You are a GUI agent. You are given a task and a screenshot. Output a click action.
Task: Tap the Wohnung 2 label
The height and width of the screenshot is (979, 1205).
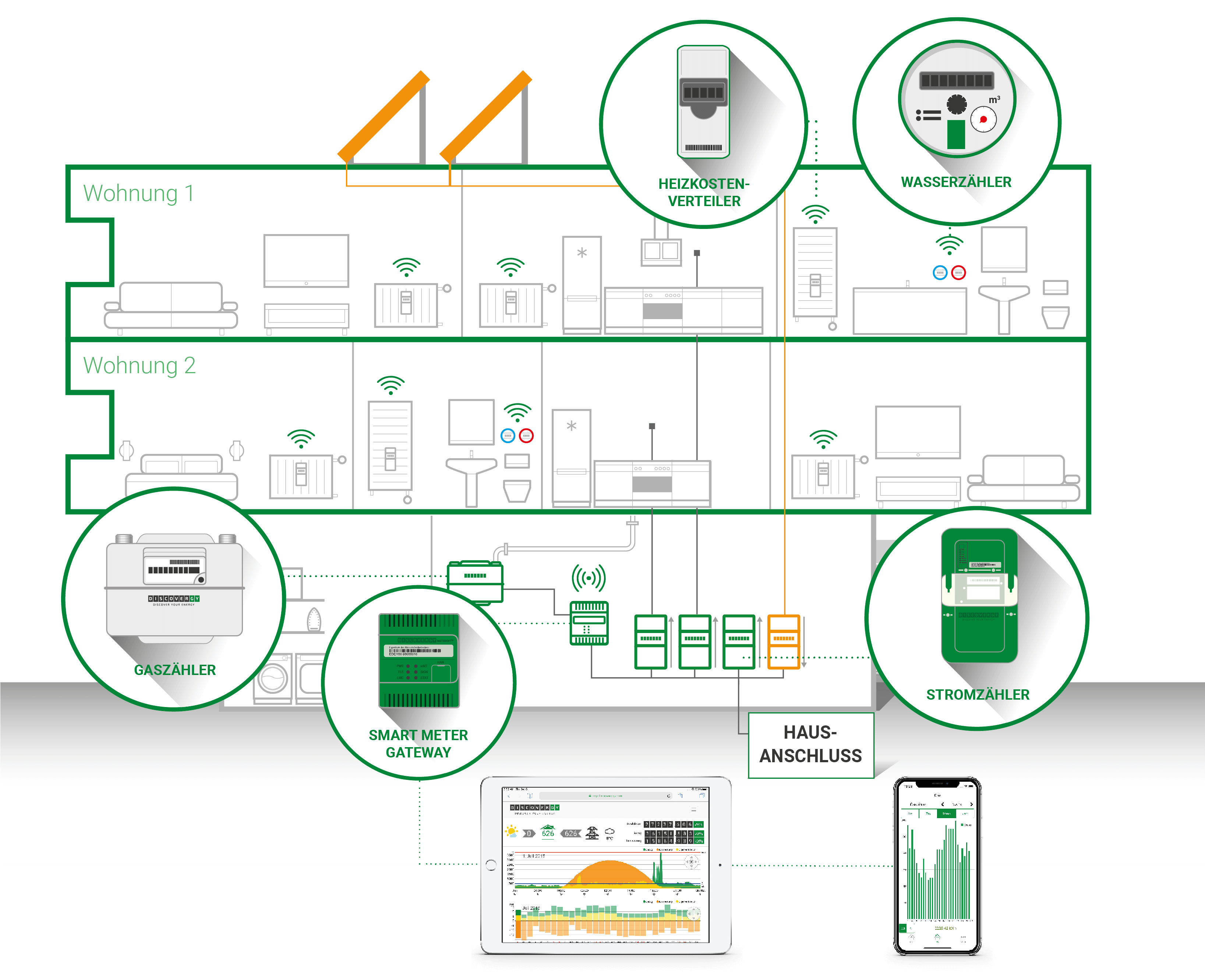coord(139,365)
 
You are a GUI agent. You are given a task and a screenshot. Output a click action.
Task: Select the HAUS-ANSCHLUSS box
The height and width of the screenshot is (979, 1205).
coord(810,745)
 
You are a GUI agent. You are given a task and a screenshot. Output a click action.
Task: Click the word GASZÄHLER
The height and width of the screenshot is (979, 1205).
coord(175,670)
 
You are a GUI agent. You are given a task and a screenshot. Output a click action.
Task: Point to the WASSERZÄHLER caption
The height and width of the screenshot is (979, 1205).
coord(956,182)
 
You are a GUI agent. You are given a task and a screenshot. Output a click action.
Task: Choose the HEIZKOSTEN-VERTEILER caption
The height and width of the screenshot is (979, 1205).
coord(704,192)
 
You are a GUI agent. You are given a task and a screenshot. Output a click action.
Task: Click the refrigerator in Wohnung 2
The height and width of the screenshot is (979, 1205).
coord(571,457)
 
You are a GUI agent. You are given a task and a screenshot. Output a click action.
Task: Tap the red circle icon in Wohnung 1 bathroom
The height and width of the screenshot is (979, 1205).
coord(958,273)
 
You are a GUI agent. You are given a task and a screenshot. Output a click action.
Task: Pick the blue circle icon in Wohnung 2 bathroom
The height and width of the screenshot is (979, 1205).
coord(508,436)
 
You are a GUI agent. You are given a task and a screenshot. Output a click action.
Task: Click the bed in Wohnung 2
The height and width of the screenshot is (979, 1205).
coord(181,477)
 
